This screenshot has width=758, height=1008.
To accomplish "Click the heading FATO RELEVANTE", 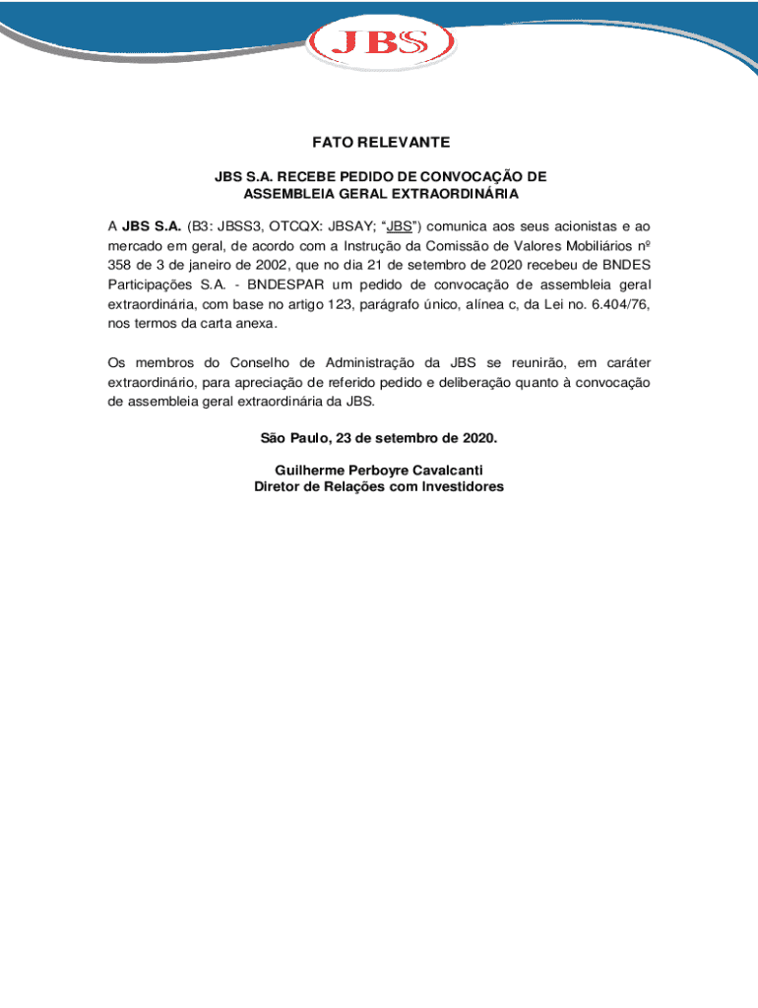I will [379, 143].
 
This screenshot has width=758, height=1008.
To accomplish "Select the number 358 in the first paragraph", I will [120, 266].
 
